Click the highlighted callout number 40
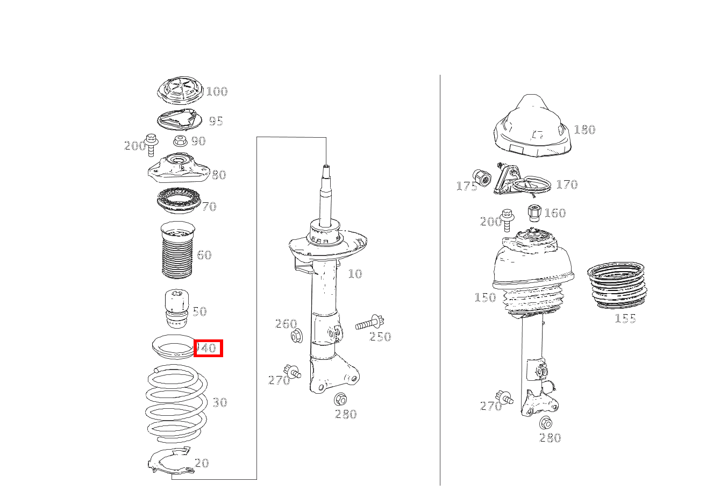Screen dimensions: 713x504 [x=208, y=348]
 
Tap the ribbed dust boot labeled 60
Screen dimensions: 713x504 [x=177, y=250]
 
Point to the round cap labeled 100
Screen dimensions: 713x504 [x=180, y=90]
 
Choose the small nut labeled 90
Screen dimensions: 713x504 [x=181, y=140]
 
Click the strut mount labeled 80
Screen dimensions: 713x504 [x=179, y=168]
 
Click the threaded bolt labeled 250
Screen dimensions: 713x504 [x=369, y=323]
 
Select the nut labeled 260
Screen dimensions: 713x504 [x=297, y=336]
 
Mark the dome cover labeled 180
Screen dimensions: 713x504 [x=532, y=127]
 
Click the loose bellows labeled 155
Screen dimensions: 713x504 [x=617, y=285]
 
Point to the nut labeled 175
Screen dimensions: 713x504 [x=482, y=178]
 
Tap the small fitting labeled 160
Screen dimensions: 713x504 [x=534, y=212]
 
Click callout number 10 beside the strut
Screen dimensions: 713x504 [x=355, y=273]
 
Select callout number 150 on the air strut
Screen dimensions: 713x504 [x=485, y=297]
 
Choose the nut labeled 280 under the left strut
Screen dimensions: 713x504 [x=340, y=399]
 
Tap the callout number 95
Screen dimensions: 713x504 [x=216, y=121]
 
